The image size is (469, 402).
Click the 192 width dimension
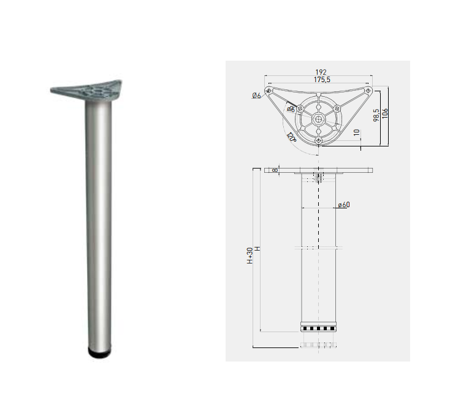[x=318, y=72]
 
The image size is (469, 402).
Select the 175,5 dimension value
[x=318, y=80]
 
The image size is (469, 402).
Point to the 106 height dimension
[x=384, y=114]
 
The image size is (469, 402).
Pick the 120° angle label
[x=291, y=138]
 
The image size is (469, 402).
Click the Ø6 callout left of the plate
[x=256, y=96]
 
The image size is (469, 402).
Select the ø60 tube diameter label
[x=343, y=205]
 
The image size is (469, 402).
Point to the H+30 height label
[x=250, y=255]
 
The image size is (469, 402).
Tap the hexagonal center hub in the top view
[x=319, y=118]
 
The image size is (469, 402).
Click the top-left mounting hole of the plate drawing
[x=268, y=91]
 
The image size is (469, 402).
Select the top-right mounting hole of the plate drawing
[x=368, y=91]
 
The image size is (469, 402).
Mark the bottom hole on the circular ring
[x=319, y=141]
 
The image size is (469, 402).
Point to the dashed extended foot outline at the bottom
[x=319, y=344]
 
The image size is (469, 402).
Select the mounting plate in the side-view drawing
[x=319, y=170]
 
